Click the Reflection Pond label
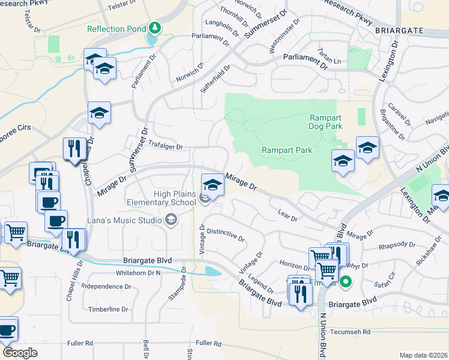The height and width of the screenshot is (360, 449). click(x=116, y=29)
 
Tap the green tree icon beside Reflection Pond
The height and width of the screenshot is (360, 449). click(x=155, y=28)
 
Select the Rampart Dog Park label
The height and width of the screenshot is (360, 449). click(x=325, y=122)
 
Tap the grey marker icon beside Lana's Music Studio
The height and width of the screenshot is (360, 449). click(x=171, y=221)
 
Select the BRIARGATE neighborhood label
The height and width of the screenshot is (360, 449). click(x=408, y=30)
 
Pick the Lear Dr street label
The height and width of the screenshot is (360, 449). click(x=288, y=215)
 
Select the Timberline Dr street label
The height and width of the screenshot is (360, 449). click(x=108, y=310)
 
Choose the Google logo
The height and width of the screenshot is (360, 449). click(x=20, y=353)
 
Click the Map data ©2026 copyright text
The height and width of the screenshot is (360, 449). click(x=423, y=355)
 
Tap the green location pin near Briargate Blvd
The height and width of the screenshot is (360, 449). click(x=345, y=281)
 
